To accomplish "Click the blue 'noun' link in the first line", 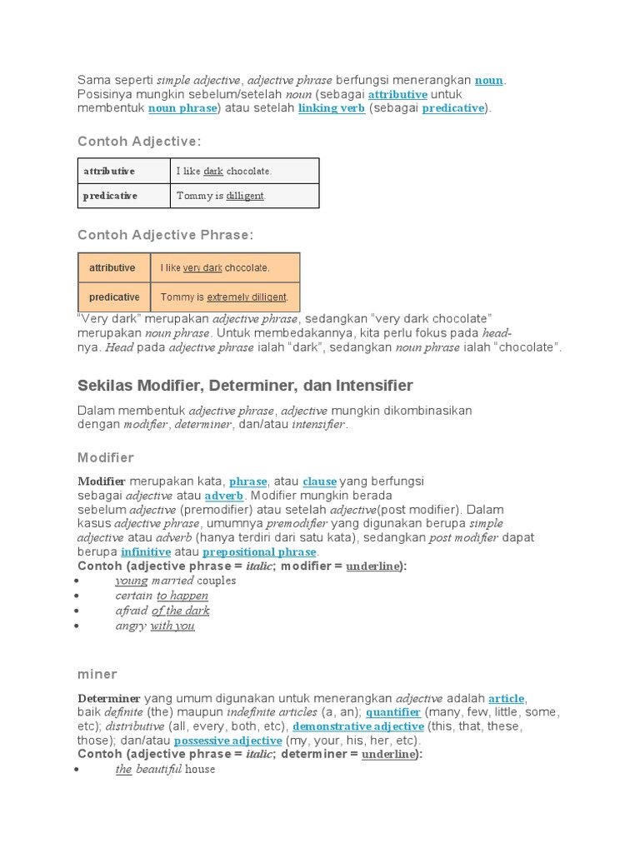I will (x=489, y=81).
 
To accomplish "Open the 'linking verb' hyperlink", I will (x=332, y=108).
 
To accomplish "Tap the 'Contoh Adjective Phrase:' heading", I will (x=165, y=235).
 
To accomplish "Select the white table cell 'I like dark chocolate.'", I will (x=244, y=171).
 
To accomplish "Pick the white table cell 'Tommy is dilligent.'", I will (x=244, y=196).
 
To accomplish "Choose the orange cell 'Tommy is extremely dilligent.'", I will (x=225, y=297).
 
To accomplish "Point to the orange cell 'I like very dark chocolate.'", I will (x=225, y=267).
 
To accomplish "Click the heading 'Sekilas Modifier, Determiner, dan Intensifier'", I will (x=245, y=386).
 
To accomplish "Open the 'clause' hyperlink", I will (x=319, y=481).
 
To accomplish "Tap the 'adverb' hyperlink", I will (x=224, y=496).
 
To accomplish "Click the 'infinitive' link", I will (x=146, y=551).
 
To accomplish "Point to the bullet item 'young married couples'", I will (x=176, y=581).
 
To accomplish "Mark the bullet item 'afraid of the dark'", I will (x=162, y=611).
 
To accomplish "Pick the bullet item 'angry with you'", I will (x=155, y=626).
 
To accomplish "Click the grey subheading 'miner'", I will (x=97, y=674).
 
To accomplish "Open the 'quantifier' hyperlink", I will (x=393, y=712).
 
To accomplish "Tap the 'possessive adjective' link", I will (x=227, y=741).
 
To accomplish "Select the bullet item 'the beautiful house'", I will (x=165, y=770).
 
